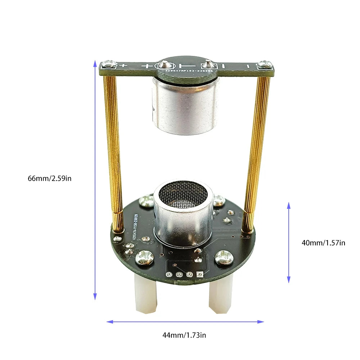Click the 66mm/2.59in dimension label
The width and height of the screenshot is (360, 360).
pos(50,178)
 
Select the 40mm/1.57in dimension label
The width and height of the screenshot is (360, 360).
pos(323,243)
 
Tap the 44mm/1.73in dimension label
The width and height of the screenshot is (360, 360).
pos(184,335)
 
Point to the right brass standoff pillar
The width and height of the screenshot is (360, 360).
pos(256,151)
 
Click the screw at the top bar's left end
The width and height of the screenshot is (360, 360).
pos(108,65)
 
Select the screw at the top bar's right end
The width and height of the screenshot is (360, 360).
pos(265,65)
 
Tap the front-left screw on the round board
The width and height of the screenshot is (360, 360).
pos(145,257)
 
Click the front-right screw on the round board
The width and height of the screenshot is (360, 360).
pos(224,257)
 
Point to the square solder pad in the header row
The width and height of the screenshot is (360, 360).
pos(200,274)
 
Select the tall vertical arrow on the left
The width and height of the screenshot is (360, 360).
pos(95,180)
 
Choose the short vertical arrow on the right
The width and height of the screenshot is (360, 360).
pos(288,242)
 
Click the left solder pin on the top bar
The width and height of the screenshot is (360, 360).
pos(165,65)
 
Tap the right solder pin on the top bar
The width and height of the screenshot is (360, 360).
pos(207,65)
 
